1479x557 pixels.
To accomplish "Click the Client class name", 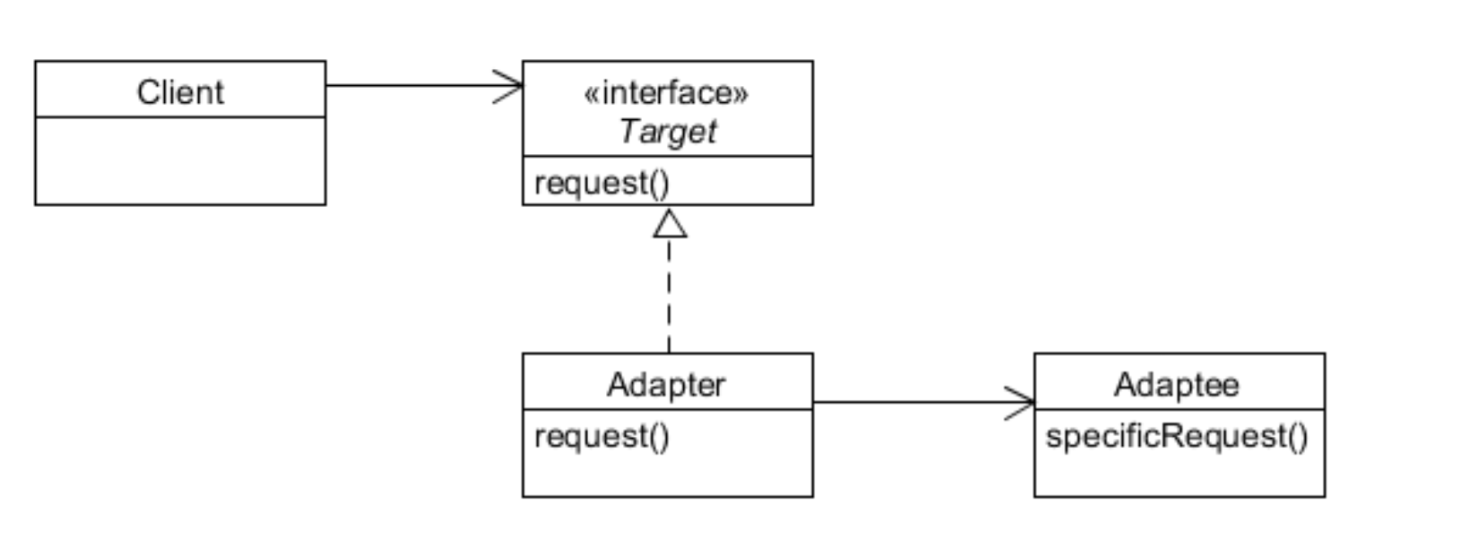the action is coord(180,91).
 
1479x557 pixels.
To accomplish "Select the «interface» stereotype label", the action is coord(667,93).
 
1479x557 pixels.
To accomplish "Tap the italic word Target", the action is coord(668,132).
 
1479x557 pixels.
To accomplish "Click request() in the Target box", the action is coord(601,183).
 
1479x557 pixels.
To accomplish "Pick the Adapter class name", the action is coord(666,384).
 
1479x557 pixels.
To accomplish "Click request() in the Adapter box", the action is coord(601,436).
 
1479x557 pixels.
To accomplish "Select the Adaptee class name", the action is coord(1177,384).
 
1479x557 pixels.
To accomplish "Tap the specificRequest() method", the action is coord(1177,436).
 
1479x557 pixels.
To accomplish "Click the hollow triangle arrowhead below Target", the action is coord(670,224).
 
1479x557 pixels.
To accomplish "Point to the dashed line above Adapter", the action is coord(669,296).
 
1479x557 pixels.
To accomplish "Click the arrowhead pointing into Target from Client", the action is coord(508,86).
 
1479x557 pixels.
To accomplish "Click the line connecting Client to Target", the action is coord(424,85).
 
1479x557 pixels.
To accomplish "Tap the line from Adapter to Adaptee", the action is coord(924,402).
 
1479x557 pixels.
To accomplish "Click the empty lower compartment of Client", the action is coord(180,161).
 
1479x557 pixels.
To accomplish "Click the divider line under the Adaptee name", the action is coord(1180,409).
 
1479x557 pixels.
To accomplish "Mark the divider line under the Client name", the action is coord(180,116).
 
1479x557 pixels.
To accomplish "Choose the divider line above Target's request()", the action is coord(668,157).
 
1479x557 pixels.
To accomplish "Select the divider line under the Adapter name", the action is coord(668,409).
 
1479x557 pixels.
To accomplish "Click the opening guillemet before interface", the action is coord(592,94).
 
